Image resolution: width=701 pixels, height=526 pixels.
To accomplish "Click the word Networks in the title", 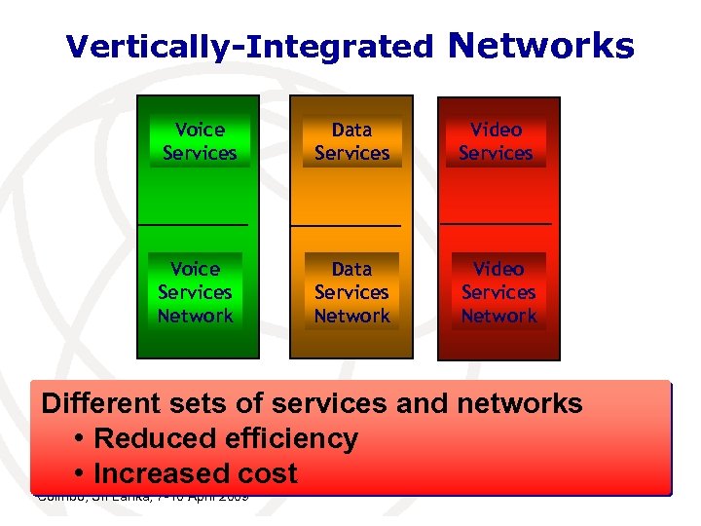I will pyautogui.click(x=542, y=45).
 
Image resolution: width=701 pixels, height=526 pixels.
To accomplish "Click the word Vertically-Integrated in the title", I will pyautogui.click(x=249, y=46).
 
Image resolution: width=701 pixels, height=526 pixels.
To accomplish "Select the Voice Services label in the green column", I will pyautogui.click(x=200, y=141).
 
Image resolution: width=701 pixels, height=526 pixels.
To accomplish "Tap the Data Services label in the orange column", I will pyautogui.click(x=351, y=141).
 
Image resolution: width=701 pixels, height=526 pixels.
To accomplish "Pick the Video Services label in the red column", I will pyautogui.click(x=496, y=141).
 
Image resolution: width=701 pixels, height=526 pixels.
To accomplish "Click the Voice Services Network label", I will pyautogui.click(x=196, y=292).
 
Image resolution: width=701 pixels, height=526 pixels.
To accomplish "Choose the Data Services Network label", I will pyautogui.click(x=351, y=292).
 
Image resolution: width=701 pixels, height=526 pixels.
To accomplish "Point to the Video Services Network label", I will pyautogui.click(x=498, y=292).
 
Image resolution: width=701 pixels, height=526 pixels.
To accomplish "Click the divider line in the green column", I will pyautogui.click(x=193, y=225).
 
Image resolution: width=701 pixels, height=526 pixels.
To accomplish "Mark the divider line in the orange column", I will pyautogui.click(x=346, y=225).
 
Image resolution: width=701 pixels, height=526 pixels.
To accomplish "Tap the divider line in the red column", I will pyautogui.click(x=496, y=225).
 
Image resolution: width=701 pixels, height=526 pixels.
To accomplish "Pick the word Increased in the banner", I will pyautogui.click(x=158, y=474).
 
